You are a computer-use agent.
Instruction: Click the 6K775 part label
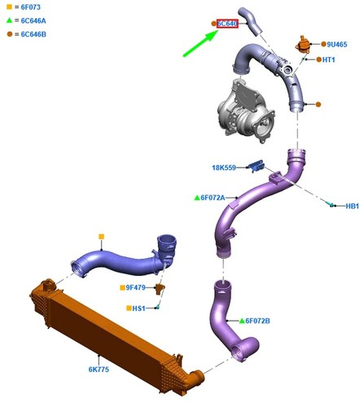pyautogui.click(x=99, y=370)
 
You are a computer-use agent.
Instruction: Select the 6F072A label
pyautogui.click(x=213, y=198)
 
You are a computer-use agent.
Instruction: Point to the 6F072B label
pyautogui.click(x=257, y=321)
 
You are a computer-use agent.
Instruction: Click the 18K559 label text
pyautogui.click(x=224, y=168)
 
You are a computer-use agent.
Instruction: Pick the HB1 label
pyautogui.click(x=352, y=206)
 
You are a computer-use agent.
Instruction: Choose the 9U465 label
pyautogui.click(x=337, y=44)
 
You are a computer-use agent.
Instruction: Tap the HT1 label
pyautogui.click(x=328, y=59)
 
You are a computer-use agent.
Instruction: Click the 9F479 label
pyautogui.click(x=136, y=287)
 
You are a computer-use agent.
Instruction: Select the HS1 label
pyautogui.click(x=138, y=309)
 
